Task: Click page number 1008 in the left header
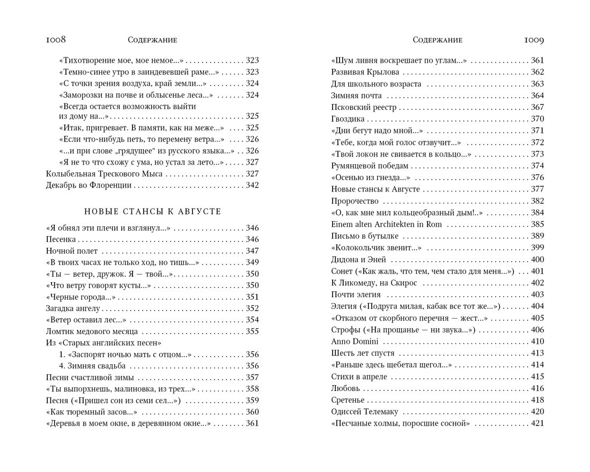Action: coord(56,40)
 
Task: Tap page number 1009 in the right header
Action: coord(534,40)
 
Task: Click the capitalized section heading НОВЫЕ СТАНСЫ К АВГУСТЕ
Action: coord(153,211)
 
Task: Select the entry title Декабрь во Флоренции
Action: coord(88,186)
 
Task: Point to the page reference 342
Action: coord(252,186)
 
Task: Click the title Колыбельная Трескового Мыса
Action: coord(104,174)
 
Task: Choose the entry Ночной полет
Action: coord(72,251)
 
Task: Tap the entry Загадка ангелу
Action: coord(73,308)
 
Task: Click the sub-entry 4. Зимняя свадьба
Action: coord(92,366)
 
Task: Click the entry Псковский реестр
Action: coord(364,107)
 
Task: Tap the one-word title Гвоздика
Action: coord(348,119)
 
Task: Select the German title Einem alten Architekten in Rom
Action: coord(386,224)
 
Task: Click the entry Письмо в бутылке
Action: coord(365,236)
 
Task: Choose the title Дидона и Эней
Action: coord(358,260)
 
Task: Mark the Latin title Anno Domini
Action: coord(355,342)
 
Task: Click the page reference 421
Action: coord(537,424)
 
